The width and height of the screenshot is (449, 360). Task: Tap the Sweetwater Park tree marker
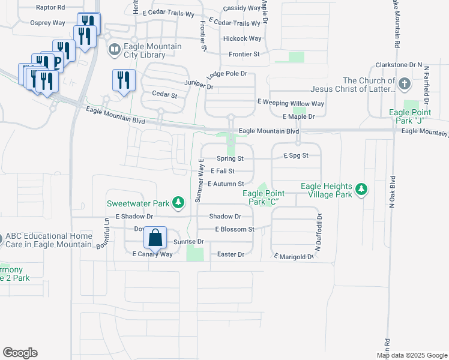pyautogui.click(x=178, y=203)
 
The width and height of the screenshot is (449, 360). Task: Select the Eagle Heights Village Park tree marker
pyautogui.click(x=361, y=190)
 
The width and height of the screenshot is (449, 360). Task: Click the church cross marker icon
pyautogui.click(x=405, y=84)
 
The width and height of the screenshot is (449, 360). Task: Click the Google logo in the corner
pyautogui.click(x=20, y=353)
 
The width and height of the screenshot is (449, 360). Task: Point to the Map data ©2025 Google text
pyautogui.click(x=411, y=355)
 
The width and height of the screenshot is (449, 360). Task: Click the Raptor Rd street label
pyautogui.click(x=50, y=8)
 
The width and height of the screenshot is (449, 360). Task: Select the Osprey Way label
pyautogui.click(x=47, y=23)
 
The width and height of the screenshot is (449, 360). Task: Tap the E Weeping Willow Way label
pyautogui.click(x=291, y=103)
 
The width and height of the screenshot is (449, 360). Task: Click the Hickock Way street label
pyautogui.click(x=242, y=38)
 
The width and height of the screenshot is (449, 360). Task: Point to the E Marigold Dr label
pyautogui.click(x=294, y=256)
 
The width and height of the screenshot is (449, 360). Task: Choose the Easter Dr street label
pyautogui.click(x=231, y=254)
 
